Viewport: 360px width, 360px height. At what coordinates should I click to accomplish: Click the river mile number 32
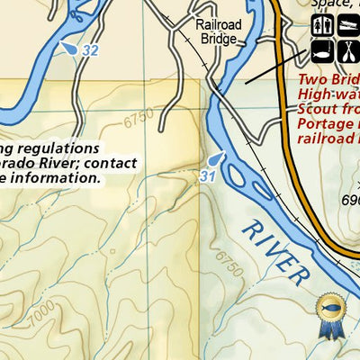[x=88, y=50]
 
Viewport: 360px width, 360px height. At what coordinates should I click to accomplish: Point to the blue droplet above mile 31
[x=213, y=159]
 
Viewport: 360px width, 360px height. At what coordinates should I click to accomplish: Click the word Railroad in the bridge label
[x=219, y=26]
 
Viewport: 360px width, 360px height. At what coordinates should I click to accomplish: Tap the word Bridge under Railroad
[x=220, y=40]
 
